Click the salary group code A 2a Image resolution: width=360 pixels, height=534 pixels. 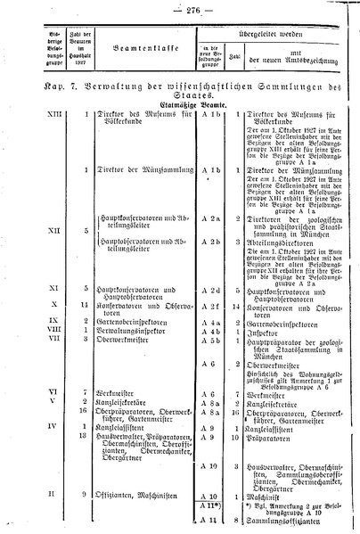tap(210, 217)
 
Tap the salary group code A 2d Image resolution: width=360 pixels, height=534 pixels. tap(210, 289)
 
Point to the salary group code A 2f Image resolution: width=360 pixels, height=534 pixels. tap(210, 306)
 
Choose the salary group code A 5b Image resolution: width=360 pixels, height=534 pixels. tap(210, 340)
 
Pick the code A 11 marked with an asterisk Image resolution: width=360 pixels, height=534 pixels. tap(212, 505)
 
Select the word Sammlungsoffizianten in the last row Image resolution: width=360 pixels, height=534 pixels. tap(283, 517)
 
